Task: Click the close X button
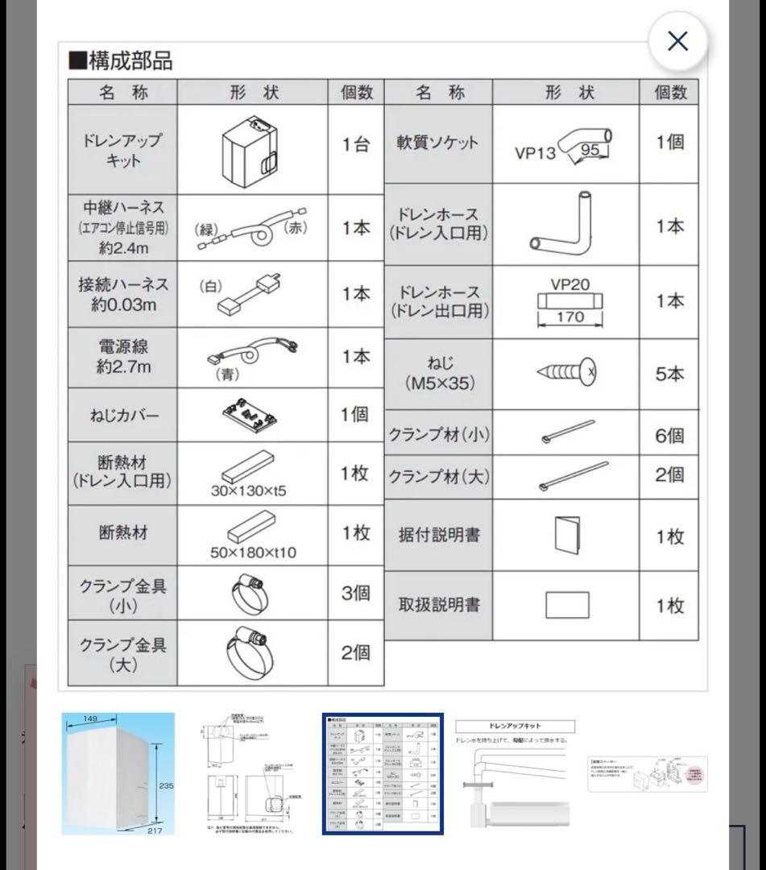pyautogui.click(x=677, y=41)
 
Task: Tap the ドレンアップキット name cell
pyautogui.click(x=122, y=149)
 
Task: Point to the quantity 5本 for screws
pyautogui.click(x=669, y=375)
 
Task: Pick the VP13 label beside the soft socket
pyautogui.click(x=536, y=152)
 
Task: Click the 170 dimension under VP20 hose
pyautogui.click(x=569, y=317)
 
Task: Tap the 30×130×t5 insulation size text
pyautogui.click(x=248, y=491)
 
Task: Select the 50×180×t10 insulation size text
pyautogui.click(x=252, y=553)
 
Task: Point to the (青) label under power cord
pyautogui.click(x=227, y=374)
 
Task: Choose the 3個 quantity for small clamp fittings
pyautogui.click(x=355, y=593)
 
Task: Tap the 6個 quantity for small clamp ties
pyautogui.click(x=669, y=435)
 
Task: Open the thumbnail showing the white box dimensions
pyautogui.click(x=118, y=773)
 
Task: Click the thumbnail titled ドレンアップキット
pyautogui.click(x=514, y=773)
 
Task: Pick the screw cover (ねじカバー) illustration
pyautogui.click(x=251, y=415)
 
